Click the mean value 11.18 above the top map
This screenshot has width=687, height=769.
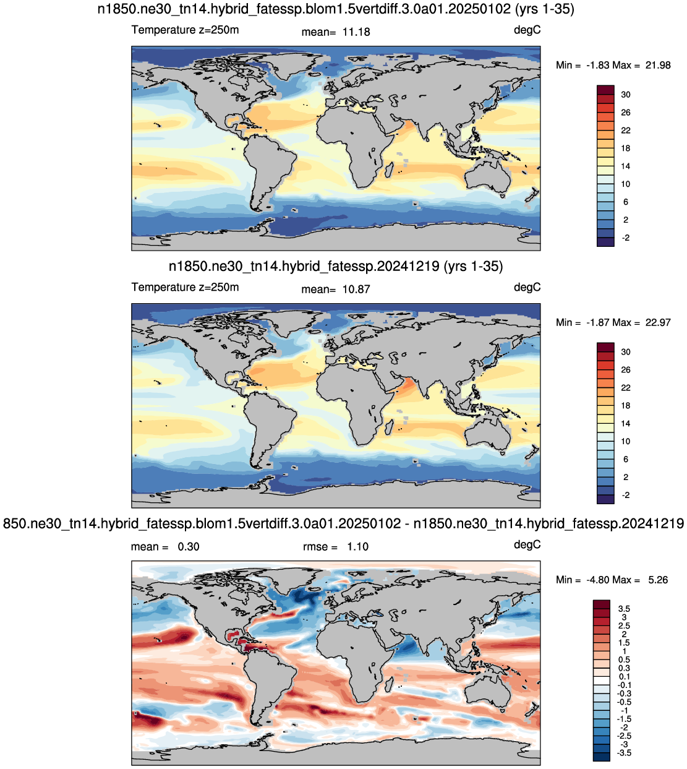point(356,32)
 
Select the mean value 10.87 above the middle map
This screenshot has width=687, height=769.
point(356,290)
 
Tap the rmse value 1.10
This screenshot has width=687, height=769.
point(357,547)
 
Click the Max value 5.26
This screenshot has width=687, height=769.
point(658,580)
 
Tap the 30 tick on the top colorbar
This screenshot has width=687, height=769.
point(626,95)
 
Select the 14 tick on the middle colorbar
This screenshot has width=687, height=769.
point(626,424)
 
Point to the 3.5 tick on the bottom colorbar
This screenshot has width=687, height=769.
point(624,609)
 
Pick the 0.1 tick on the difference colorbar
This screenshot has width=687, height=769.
point(624,677)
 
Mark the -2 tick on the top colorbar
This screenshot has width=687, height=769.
point(626,238)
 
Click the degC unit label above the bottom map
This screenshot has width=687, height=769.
point(527,544)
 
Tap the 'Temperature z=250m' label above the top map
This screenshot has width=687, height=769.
point(185,30)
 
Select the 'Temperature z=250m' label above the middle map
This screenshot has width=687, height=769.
point(185,287)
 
